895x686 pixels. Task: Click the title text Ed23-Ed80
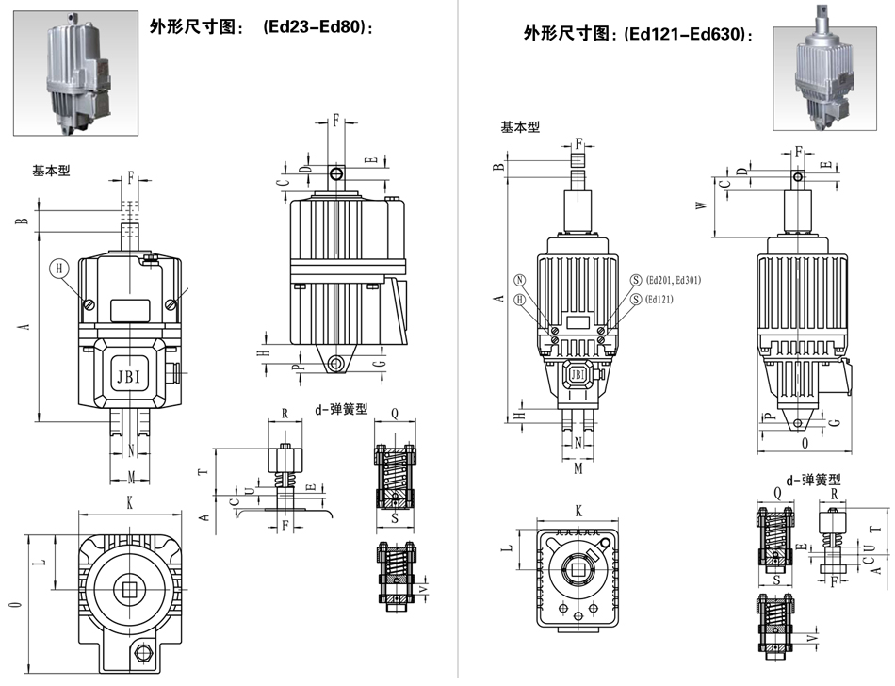pyautogui.click(x=319, y=28)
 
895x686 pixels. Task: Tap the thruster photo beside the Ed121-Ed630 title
pyautogui.click(x=827, y=78)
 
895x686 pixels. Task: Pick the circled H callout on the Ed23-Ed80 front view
pyautogui.click(x=60, y=269)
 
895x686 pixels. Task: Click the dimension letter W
pyautogui.click(x=701, y=204)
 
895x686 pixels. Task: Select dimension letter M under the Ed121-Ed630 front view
pyautogui.click(x=578, y=467)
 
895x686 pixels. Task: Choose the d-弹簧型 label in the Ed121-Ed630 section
pyautogui.click(x=812, y=480)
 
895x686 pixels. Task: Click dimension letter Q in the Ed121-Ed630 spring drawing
pyautogui.click(x=778, y=491)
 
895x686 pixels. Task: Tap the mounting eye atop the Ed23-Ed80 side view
pyautogui.click(x=336, y=175)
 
